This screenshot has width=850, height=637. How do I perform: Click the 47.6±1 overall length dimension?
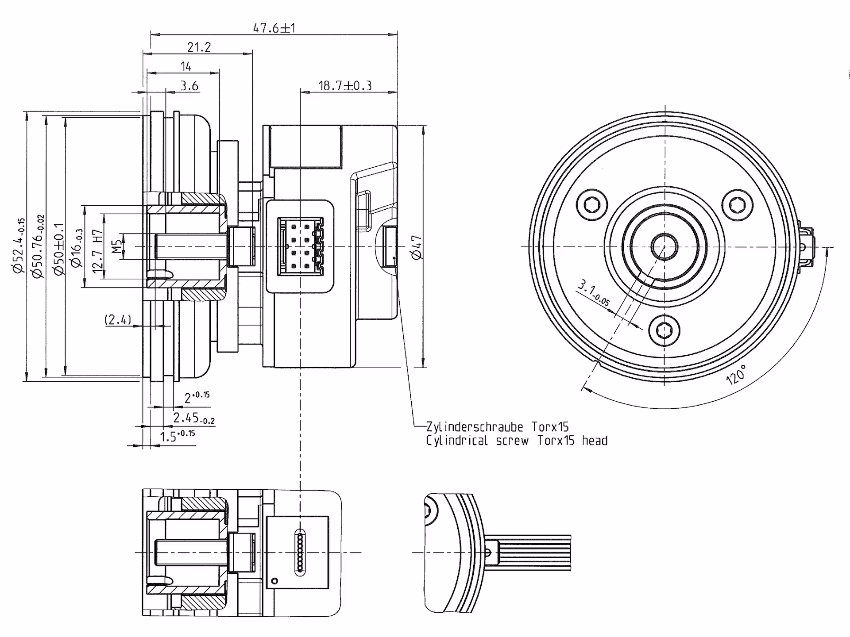274,28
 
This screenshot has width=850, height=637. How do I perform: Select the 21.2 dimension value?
199,47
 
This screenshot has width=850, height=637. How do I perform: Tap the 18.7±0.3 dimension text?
345,85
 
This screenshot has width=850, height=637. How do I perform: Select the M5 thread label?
116,246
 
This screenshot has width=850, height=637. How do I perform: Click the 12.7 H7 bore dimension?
97,251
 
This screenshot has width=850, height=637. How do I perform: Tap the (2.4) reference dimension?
118,319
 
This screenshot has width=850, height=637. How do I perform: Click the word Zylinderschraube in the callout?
474,427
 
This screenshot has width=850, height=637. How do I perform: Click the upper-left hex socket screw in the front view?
592,205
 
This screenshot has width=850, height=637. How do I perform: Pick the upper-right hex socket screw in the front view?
737,205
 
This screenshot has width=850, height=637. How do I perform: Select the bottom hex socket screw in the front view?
665,330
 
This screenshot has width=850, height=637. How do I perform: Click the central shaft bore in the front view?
664,246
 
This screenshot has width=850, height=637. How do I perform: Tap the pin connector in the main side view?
300,246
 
